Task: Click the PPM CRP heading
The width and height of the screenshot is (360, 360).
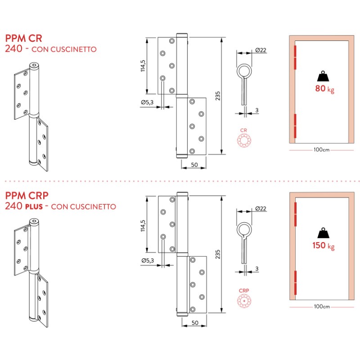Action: click(27, 196)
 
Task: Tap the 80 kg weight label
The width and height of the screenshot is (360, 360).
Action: click(324, 89)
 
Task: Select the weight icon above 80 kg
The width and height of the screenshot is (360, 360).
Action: click(324, 76)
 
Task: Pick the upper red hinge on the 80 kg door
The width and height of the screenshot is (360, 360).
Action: click(295, 57)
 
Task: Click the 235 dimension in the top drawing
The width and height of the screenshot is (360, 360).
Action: click(218, 96)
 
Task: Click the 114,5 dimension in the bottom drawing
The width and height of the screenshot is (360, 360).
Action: click(143, 225)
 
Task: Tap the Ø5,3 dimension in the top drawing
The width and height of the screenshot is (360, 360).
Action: click(147, 103)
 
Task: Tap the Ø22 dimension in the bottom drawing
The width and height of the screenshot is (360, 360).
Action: click(261, 208)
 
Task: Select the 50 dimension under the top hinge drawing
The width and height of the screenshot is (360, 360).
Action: click(194, 165)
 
